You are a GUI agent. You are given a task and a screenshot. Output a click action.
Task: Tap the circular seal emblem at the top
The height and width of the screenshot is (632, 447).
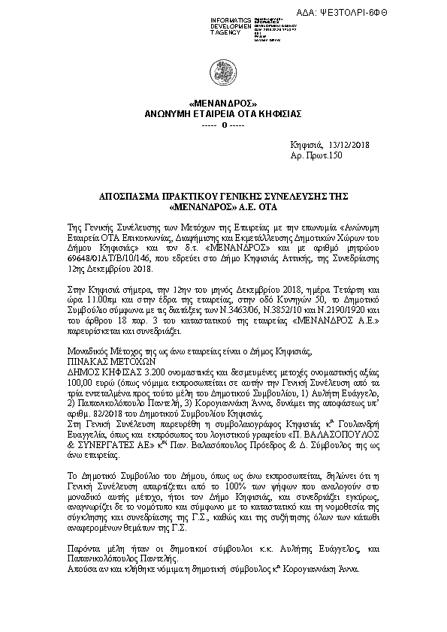[x=224, y=75]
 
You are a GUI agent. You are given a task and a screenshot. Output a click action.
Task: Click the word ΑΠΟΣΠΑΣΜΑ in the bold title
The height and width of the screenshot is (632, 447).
[x=135, y=194]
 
